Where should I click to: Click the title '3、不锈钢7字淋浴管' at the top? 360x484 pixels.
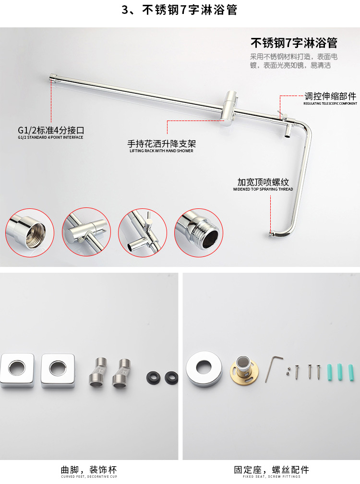point(180,10)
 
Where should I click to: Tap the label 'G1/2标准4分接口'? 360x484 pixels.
point(51,130)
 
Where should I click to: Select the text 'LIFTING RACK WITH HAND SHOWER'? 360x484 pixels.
point(161,151)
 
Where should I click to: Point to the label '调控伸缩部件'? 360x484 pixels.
point(330,96)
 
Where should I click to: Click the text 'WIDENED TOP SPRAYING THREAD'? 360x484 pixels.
point(263,189)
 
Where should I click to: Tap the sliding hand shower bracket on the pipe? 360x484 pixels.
point(230,108)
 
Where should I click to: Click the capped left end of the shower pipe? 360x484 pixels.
point(53,77)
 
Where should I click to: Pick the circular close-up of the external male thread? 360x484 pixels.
point(199,232)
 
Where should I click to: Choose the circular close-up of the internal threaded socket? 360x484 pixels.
point(30,232)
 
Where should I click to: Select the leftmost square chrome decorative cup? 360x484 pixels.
point(17,370)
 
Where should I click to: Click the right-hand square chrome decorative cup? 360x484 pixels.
point(58,370)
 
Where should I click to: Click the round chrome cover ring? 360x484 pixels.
point(204,369)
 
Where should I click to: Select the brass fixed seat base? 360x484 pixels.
point(243,370)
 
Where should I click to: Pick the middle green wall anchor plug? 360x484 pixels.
point(340,372)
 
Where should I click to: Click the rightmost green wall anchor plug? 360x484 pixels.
point(351,373)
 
